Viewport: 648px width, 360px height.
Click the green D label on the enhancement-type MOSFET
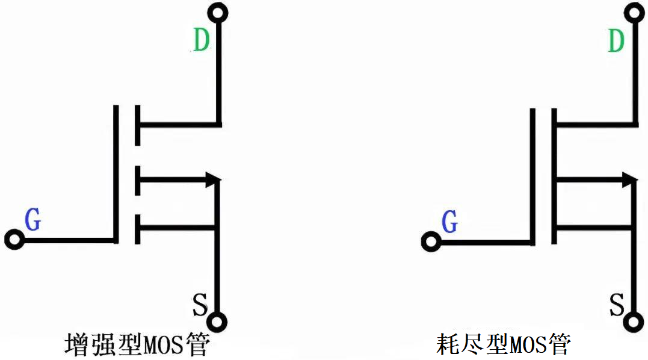coord(202,40)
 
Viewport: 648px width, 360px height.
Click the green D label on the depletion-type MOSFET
coord(616,40)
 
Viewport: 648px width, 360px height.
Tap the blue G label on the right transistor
coord(449,222)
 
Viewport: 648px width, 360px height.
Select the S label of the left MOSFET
coord(200,304)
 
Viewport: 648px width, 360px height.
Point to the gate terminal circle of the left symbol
coord(14,240)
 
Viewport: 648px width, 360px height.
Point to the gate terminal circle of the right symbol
coord(431,243)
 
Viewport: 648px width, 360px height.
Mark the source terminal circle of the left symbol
coord(218,321)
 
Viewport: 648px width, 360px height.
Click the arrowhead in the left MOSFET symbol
coord(212,179)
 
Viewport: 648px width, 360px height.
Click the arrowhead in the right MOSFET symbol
coord(629,179)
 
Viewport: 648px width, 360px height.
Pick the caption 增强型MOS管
coord(137,345)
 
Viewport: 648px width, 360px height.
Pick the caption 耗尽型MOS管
coord(503,345)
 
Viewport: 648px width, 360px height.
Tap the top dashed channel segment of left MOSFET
coord(138,125)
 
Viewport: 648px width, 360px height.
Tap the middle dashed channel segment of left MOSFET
coord(138,179)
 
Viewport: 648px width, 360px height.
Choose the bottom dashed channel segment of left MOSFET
coord(138,228)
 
